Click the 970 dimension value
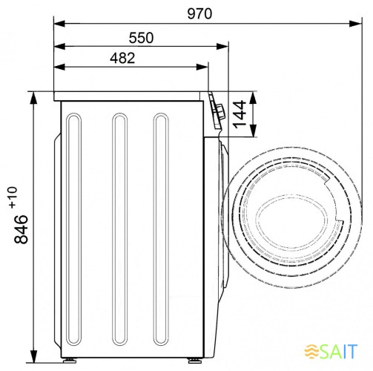[x=199, y=14]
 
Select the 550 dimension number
[x=141, y=38]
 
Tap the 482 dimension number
[x=122, y=59]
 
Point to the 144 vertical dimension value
[x=240, y=114]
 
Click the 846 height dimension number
[x=22, y=229]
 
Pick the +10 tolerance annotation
[x=13, y=197]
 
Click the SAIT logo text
[x=338, y=351]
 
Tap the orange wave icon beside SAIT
[x=311, y=351]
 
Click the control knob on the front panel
[x=220, y=112]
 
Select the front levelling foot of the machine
[x=195, y=361]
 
